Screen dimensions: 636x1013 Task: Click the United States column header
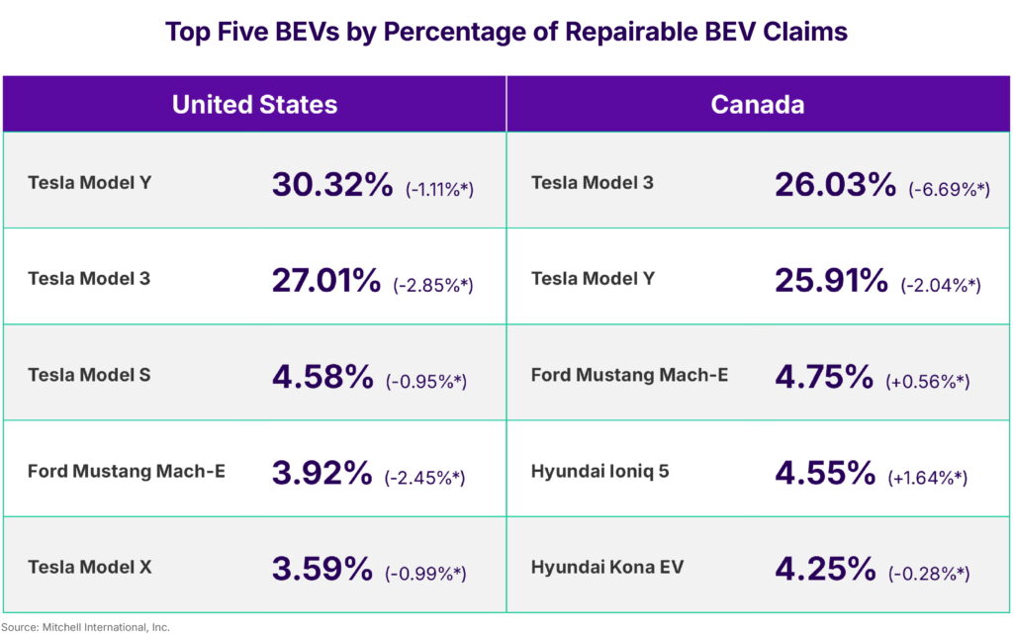(254, 105)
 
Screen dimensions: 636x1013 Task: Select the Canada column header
(757, 105)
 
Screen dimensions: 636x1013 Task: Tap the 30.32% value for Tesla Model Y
(332, 184)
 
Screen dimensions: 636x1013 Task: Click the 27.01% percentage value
(326, 280)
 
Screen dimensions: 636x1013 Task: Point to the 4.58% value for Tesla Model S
(322, 376)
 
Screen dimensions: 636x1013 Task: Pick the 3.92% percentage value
(322, 473)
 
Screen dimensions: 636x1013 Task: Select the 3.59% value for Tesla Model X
(322, 569)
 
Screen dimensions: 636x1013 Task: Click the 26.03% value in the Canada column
(836, 184)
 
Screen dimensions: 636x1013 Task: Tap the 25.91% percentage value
(831, 280)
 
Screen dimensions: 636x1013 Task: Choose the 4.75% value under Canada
(824, 376)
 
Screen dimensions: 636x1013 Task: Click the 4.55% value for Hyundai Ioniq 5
(825, 473)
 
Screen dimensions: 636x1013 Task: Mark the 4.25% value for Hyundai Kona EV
(825, 569)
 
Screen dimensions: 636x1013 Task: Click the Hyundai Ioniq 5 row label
(599, 471)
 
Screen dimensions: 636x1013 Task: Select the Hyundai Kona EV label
(606, 568)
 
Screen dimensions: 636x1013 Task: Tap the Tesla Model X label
(89, 568)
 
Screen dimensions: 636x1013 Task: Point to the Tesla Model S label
(89, 375)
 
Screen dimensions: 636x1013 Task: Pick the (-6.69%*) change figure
(949, 189)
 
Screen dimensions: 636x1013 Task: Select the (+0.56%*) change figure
(927, 382)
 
